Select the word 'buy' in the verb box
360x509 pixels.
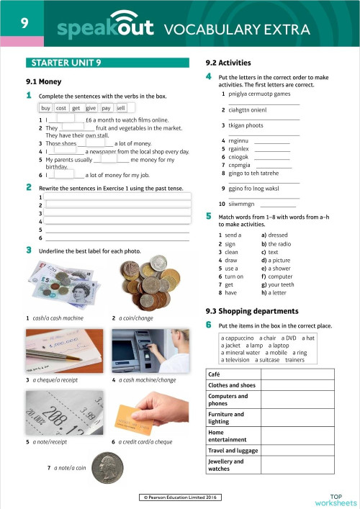tap(46, 107)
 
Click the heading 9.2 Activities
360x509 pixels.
tap(228, 63)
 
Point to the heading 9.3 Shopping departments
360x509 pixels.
tap(251, 311)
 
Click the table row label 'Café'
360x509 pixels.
tap(214, 375)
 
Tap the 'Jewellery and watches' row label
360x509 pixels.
tap(225, 465)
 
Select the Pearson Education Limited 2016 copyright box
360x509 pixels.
tap(179, 497)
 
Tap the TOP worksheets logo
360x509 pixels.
tap(335, 499)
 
